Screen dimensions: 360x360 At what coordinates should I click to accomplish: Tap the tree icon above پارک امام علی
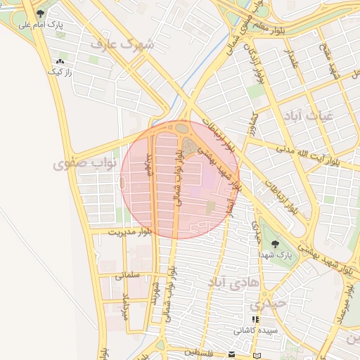coord(40,13)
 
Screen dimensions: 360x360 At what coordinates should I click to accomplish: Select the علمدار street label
coord(292,62)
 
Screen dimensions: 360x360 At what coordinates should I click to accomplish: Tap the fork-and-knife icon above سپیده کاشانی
coord(255,319)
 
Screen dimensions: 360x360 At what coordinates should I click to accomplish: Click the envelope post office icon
coord(232,353)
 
